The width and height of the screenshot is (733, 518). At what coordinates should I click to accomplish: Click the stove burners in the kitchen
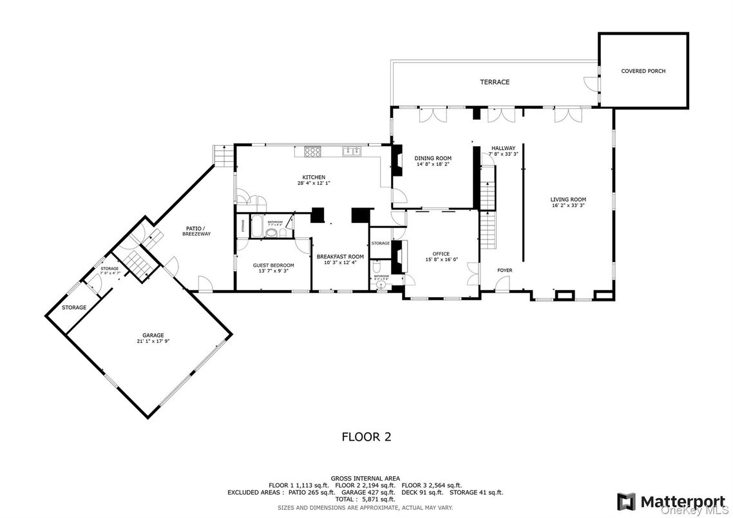[x=312, y=152]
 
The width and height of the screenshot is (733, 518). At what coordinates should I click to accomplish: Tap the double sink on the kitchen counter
[x=351, y=151]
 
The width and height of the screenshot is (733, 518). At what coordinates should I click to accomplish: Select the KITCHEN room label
[x=314, y=177]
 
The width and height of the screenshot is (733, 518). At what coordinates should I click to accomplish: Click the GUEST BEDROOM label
[x=273, y=265]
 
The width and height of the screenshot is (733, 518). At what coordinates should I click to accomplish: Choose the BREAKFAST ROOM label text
[x=340, y=256]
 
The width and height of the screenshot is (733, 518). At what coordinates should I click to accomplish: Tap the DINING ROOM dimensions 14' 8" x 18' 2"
[x=433, y=164]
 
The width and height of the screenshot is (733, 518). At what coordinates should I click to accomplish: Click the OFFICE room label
[x=441, y=254]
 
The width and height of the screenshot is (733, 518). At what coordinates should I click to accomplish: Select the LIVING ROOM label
[x=568, y=199]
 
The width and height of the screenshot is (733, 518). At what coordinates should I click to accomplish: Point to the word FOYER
[x=504, y=271]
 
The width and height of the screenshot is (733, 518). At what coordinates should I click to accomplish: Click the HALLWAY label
[x=503, y=148]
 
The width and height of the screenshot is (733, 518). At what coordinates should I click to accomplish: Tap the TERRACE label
[x=494, y=82]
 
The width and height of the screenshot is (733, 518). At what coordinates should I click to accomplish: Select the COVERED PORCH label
[x=643, y=71]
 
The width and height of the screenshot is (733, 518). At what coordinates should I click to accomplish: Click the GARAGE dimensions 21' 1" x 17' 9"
[x=153, y=341]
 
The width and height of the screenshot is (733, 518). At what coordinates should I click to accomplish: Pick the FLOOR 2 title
[x=366, y=437]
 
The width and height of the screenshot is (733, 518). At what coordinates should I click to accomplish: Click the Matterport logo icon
[x=625, y=501]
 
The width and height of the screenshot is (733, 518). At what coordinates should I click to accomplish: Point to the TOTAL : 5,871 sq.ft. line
[x=365, y=499]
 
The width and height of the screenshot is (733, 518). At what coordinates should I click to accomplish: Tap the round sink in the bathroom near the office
[x=381, y=284]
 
